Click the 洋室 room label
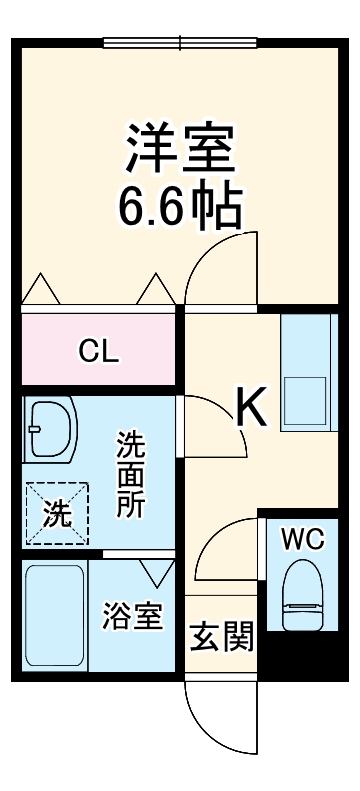point(180,149)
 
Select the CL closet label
point(99,351)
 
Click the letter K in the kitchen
point(252,407)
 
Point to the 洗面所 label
point(130,474)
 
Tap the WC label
point(301,539)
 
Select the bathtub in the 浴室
point(55,615)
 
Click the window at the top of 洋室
point(181,42)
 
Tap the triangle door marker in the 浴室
point(157,573)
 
